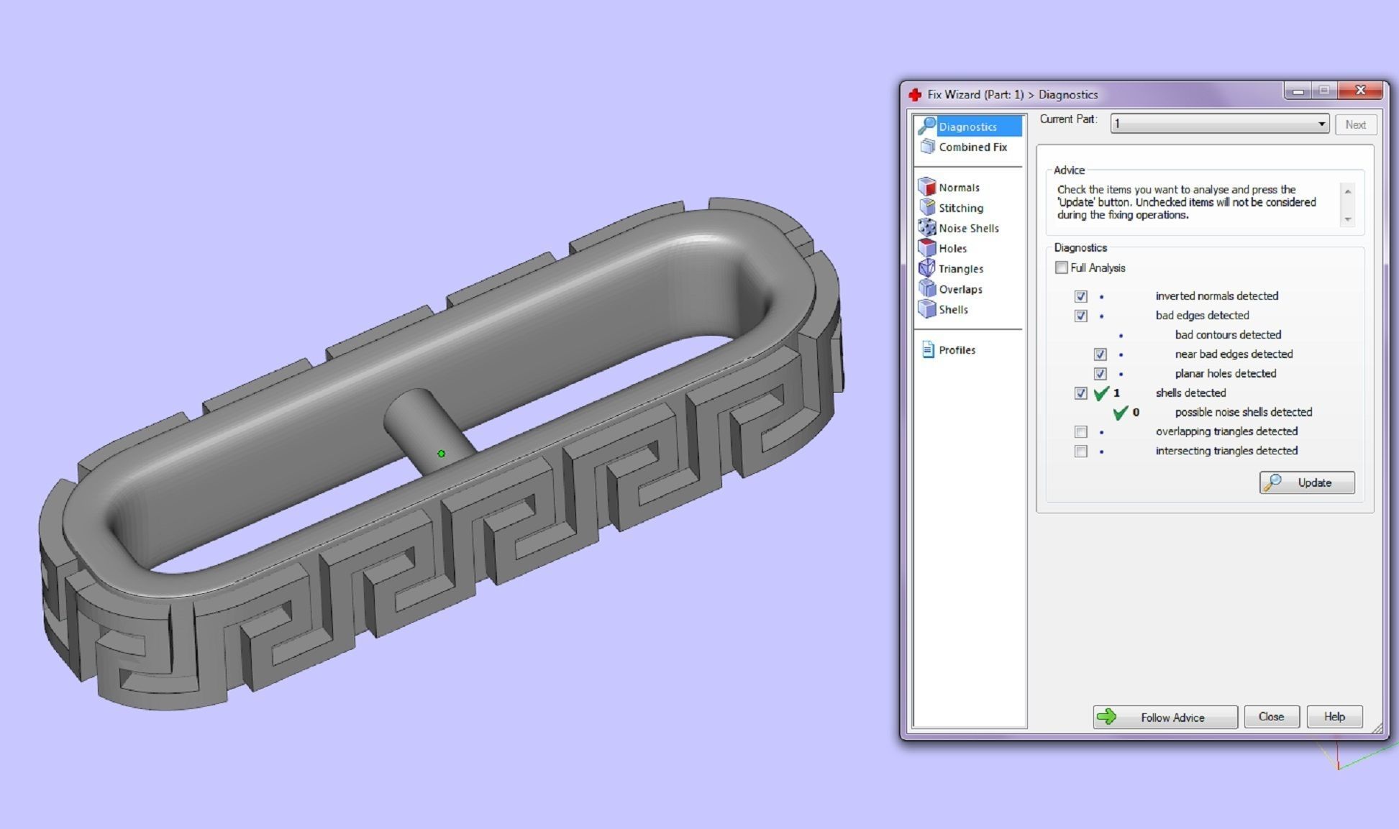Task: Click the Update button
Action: point(1306,482)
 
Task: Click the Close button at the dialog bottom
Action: point(1271,717)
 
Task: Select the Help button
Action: point(1334,717)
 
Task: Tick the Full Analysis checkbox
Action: point(1062,267)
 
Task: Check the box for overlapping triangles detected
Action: point(1080,431)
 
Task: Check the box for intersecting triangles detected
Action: point(1080,451)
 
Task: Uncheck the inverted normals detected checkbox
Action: point(1080,296)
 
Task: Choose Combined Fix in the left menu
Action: point(972,147)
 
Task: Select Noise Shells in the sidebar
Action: point(968,228)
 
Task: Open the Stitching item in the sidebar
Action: point(960,208)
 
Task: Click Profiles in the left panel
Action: point(957,350)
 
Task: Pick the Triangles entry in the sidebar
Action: point(960,268)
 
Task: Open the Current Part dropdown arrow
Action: point(1321,124)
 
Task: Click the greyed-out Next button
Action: point(1355,124)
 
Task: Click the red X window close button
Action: point(1360,91)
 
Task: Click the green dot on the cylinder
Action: point(442,454)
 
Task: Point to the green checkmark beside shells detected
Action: point(1100,393)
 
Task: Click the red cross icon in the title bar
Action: point(915,95)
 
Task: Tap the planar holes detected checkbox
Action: point(1100,374)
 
